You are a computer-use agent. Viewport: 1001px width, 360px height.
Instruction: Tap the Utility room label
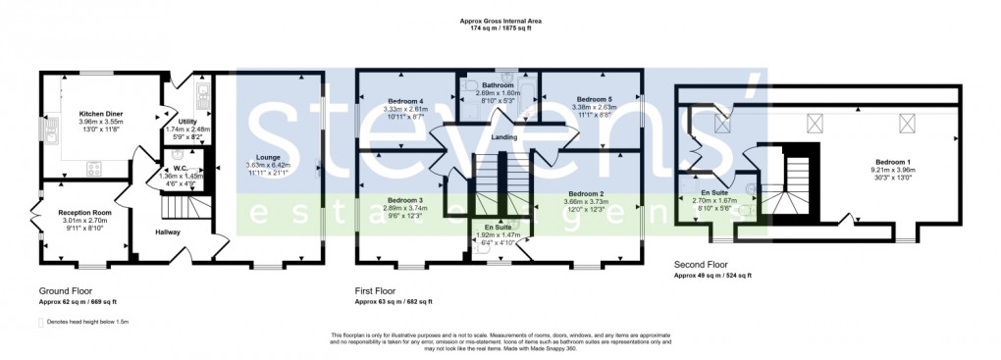[186, 122]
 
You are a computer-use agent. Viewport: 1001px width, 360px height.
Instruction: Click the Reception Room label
[84, 213]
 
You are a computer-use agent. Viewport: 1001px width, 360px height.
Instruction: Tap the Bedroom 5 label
[594, 100]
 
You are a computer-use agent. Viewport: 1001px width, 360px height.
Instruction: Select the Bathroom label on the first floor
[499, 85]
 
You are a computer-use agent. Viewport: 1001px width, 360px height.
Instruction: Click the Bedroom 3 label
[405, 201]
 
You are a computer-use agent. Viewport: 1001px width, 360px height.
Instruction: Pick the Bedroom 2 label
[586, 194]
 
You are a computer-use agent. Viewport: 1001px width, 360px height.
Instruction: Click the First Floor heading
[380, 291]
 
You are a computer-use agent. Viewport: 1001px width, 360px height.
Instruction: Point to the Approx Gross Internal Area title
[500, 21]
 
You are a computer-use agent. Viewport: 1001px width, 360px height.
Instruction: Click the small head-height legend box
[41, 321]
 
